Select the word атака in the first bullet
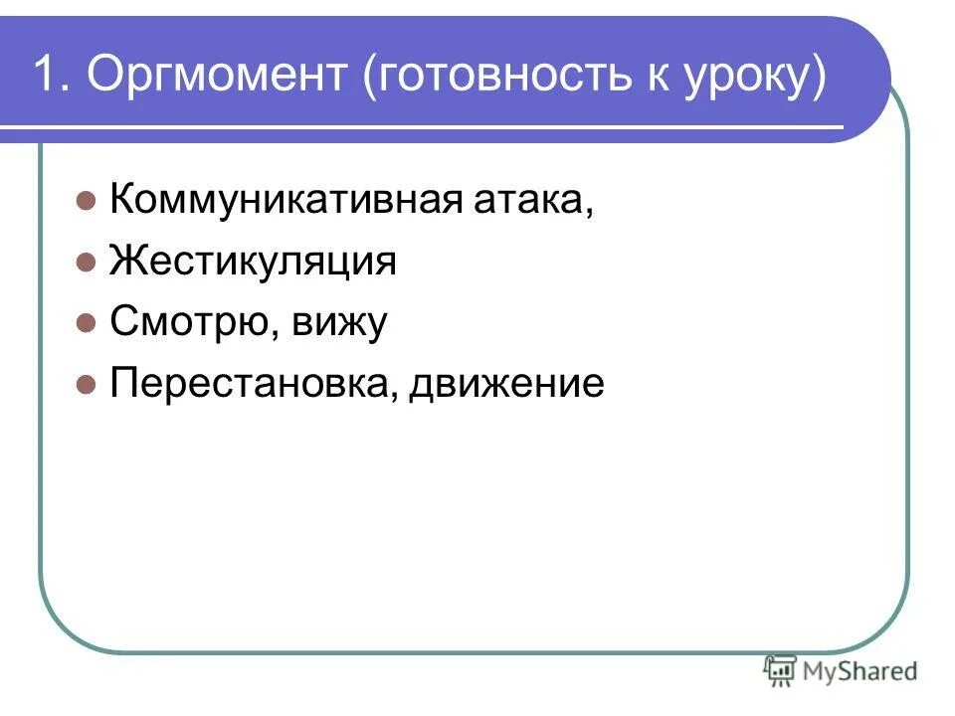click(x=533, y=202)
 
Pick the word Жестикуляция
click(x=253, y=263)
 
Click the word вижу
click(x=338, y=323)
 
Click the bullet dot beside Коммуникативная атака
click(x=86, y=202)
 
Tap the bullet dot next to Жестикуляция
click(x=86, y=263)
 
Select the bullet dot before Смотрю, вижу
click(x=86, y=323)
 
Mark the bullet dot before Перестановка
click(x=86, y=383)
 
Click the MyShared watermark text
click(x=860, y=671)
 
